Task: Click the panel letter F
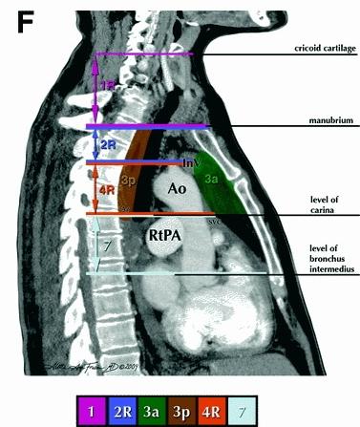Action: click(25, 20)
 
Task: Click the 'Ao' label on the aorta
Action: click(177, 189)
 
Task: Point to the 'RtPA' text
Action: click(165, 233)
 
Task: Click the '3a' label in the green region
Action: click(215, 179)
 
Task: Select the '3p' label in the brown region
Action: click(129, 178)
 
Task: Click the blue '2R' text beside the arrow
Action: click(110, 145)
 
